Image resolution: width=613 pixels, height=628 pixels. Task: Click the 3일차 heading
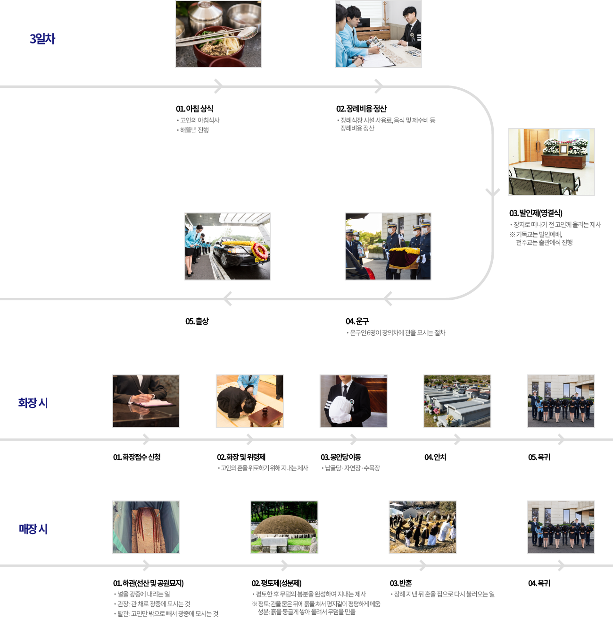42,39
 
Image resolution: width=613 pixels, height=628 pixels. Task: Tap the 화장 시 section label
33,403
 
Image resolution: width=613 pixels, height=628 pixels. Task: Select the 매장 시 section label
33,529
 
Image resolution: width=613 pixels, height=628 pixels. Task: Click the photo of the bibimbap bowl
218,34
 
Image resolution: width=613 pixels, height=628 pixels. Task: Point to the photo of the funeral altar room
551,162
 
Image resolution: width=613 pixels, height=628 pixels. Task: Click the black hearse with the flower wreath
228,246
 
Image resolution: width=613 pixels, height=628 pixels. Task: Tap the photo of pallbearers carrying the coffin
388,246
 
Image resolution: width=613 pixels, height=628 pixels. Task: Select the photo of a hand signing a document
146,401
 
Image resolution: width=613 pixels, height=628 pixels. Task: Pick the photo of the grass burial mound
284,527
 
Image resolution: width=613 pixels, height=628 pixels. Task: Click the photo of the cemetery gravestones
457,401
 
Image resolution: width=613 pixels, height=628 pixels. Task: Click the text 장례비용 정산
357,128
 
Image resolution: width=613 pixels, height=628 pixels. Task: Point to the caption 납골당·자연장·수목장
352,468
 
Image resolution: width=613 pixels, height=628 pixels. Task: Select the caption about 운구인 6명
397,333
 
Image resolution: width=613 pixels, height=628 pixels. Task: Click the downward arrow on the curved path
493,192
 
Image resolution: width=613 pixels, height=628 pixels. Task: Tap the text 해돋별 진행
194,130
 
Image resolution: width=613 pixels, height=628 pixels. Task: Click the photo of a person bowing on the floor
249,401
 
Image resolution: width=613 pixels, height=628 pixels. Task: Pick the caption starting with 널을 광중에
143,594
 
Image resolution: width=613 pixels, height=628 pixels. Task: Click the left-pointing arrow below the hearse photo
228,299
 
